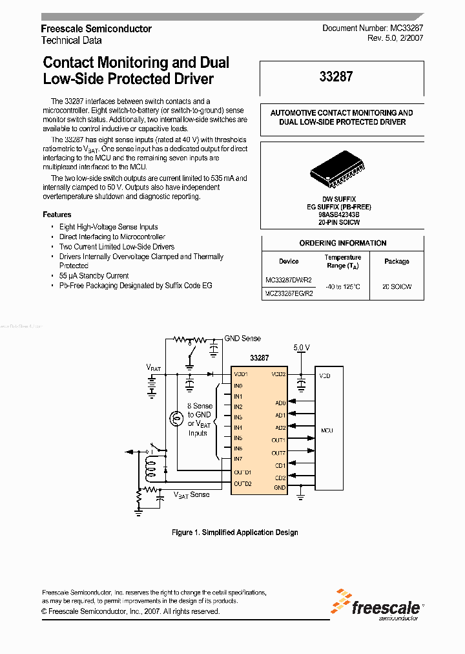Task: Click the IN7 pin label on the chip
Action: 238,459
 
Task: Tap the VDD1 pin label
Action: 240,374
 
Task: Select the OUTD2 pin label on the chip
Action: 242,483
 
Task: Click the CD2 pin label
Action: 280,478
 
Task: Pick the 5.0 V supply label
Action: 302,347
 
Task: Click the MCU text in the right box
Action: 327,430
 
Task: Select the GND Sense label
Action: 243,338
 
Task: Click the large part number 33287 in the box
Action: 336,77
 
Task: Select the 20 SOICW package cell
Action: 397,286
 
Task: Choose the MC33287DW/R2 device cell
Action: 289,280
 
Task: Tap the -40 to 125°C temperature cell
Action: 343,286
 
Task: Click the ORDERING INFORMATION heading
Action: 343,243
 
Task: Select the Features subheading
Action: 57,215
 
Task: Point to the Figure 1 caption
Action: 235,533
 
